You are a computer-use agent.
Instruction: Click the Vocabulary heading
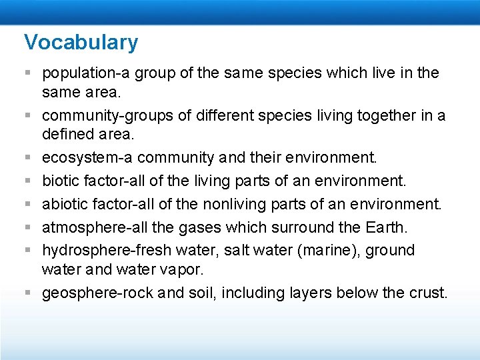[x=81, y=42]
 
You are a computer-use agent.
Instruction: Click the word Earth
[x=386, y=227]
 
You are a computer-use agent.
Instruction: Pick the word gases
[x=199, y=227]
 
